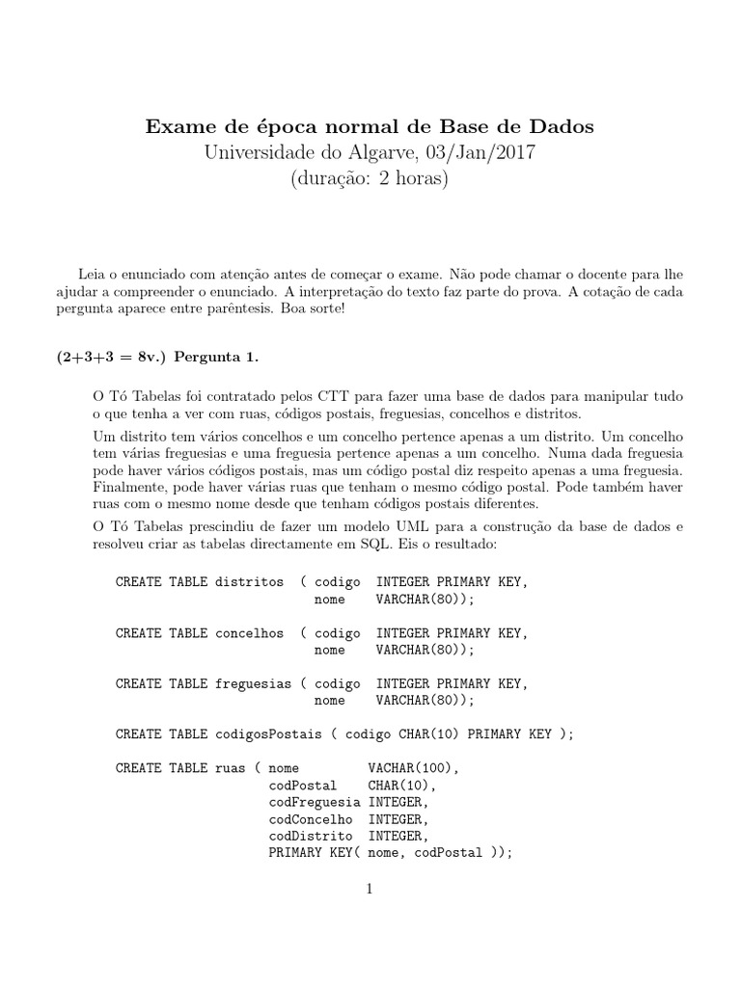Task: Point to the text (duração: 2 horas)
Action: pyautogui.click(x=370, y=179)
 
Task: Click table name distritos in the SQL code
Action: pyautogui.click(x=250, y=582)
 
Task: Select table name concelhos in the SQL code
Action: pyautogui.click(x=250, y=633)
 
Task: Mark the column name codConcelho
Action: pyautogui.click(x=311, y=818)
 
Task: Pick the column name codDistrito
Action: pyautogui.click(x=311, y=835)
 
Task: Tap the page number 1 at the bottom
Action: pyautogui.click(x=370, y=889)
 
